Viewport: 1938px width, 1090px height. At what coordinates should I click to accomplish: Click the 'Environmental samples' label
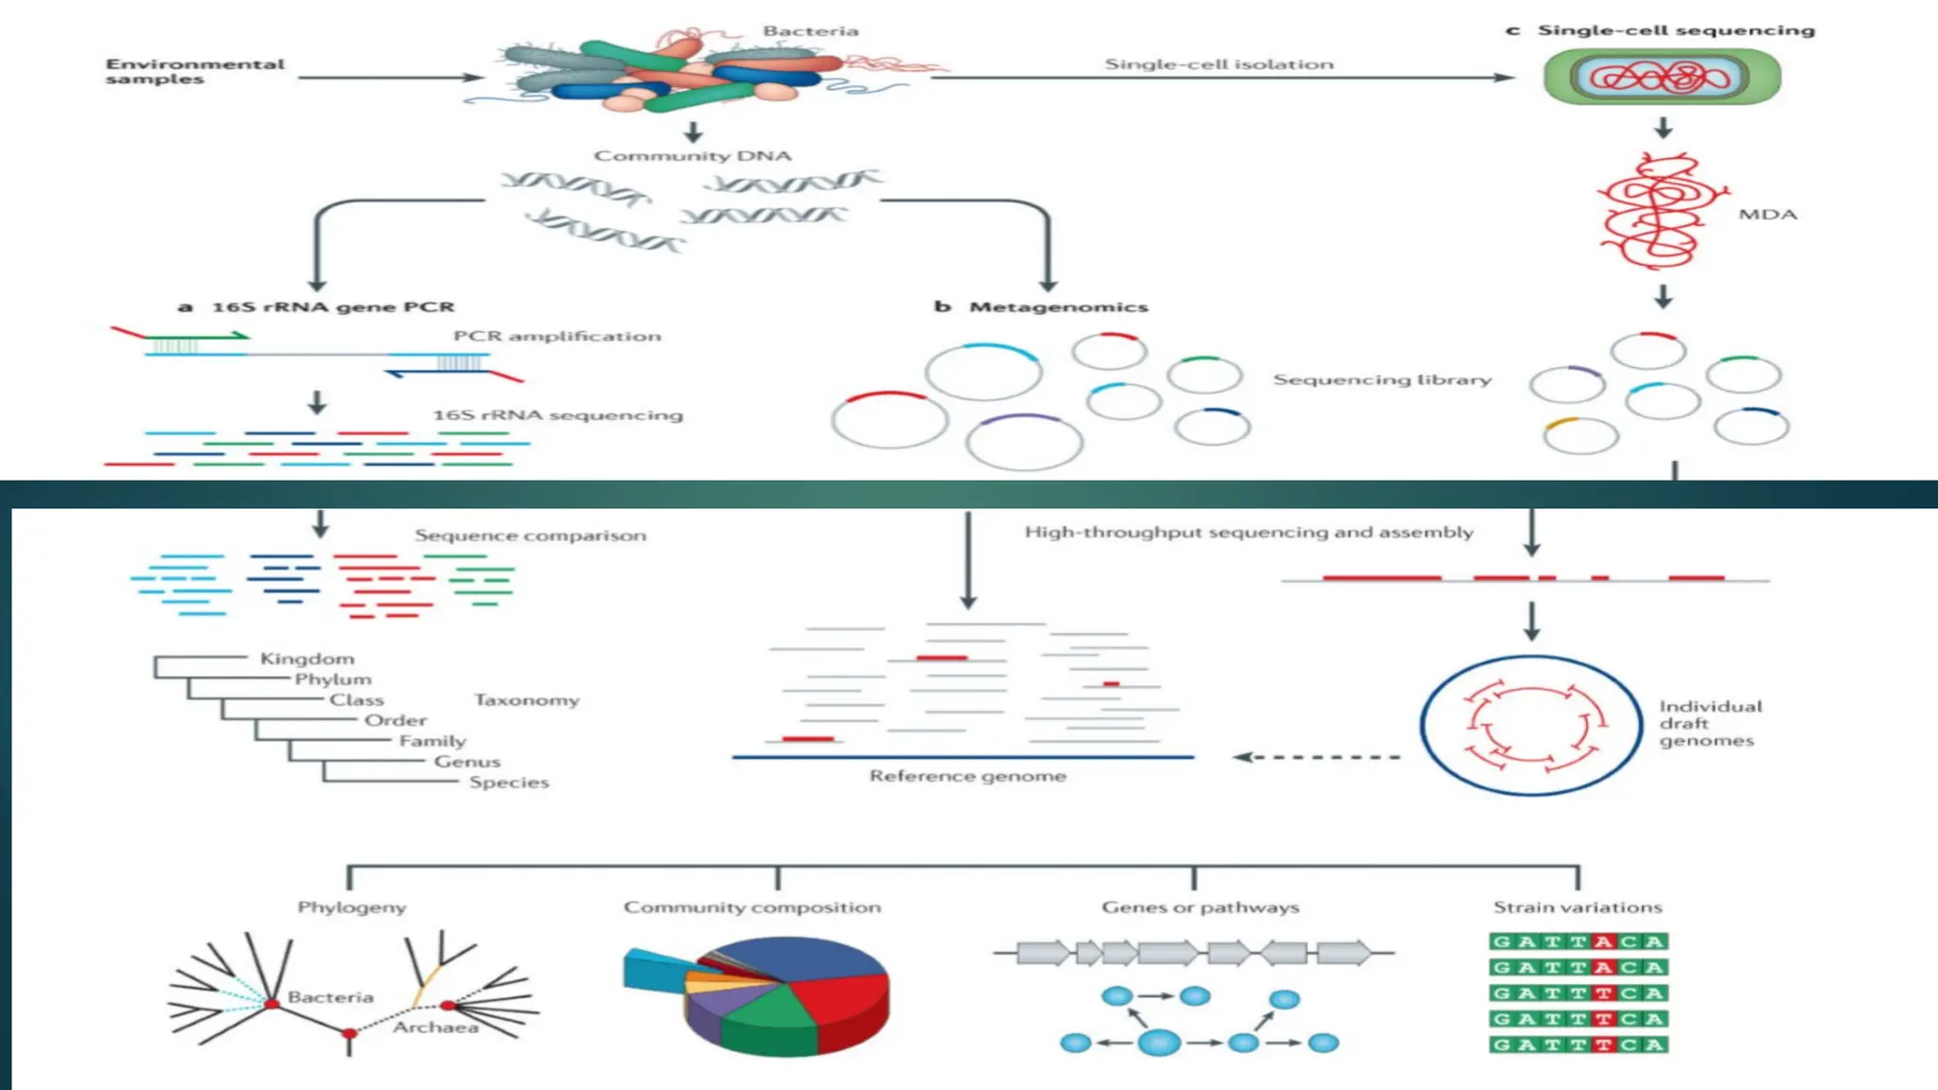(x=194, y=71)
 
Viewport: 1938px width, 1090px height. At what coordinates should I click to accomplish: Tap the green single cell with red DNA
(x=1662, y=77)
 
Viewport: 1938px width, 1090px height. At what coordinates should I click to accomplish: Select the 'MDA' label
(x=1767, y=215)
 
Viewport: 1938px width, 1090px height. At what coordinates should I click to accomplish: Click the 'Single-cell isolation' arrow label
(x=1219, y=64)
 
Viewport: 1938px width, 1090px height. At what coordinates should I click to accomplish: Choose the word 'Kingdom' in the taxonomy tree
(x=307, y=659)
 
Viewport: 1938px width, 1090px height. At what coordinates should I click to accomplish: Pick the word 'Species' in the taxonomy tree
(x=508, y=782)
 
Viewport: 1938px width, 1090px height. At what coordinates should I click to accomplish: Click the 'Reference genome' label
(x=967, y=776)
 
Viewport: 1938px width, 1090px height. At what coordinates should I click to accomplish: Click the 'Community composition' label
(x=751, y=907)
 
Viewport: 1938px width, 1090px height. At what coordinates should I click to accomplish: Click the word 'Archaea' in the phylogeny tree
(x=435, y=1028)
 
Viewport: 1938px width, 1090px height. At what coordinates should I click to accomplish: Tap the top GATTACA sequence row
(x=1577, y=941)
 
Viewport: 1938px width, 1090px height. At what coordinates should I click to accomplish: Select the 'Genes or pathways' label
(x=1200, y=907)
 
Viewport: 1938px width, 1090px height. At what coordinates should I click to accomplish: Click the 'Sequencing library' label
(x=1382, y=379)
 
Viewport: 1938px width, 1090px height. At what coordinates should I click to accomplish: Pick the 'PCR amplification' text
(x=556, y=336)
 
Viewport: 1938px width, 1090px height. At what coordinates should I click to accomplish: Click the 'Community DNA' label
(x=693, y=156)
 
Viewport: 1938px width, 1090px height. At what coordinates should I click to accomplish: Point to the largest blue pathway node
(x=1159, y=1043)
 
